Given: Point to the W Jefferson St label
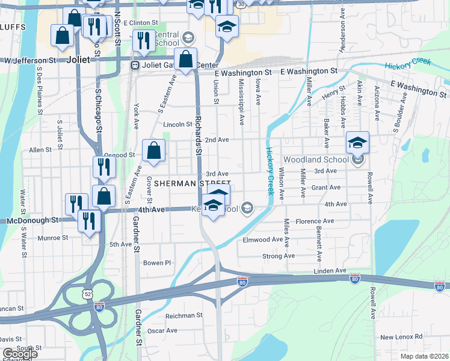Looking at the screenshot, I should point(30,61).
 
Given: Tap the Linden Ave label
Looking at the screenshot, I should point(330,271).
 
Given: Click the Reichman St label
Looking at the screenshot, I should point(184,315).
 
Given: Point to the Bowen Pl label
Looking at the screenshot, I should point(157,263).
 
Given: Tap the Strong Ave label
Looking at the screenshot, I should point(279,256).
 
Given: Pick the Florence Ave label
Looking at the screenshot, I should point(315,221).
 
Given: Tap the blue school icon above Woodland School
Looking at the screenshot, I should point(358,143).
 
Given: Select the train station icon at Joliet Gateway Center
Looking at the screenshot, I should point(136,65).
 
